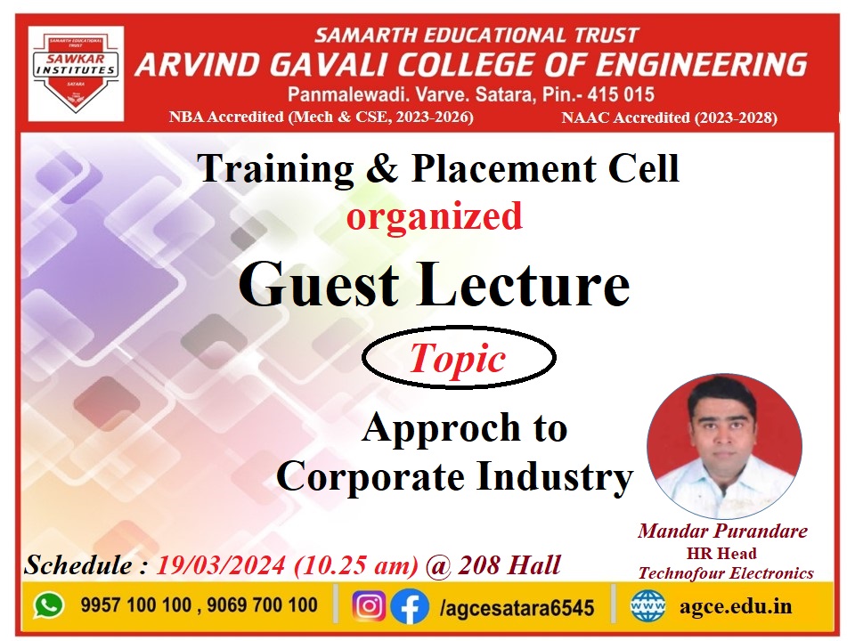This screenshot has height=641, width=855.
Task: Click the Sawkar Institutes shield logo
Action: [76, 73]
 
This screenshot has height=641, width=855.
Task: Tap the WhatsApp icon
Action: [49, 605]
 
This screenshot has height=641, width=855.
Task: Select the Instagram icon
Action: [369, 606]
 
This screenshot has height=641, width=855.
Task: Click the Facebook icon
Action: [410, 606]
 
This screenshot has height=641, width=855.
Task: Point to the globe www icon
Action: [647, 605]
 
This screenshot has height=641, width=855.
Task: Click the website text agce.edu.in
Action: [735, 606]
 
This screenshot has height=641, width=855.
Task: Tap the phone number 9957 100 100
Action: [135, 605]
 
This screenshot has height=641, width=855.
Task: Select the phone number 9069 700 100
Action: [262, 605]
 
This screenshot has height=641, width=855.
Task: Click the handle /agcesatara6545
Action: [517, 607]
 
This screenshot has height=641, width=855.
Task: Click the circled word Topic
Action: [458, 358]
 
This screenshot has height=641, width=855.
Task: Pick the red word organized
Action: [435, 216]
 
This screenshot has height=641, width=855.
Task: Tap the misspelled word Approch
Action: [441, 428]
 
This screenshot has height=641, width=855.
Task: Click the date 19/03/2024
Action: [221, 565]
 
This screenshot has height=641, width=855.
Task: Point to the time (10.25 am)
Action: [356, 565]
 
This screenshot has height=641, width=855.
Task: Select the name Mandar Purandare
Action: [722, 531]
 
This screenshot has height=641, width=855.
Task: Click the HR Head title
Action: [721, 553]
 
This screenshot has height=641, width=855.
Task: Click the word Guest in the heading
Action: [319, 285]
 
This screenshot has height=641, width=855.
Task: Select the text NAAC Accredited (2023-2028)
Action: [670, 118]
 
